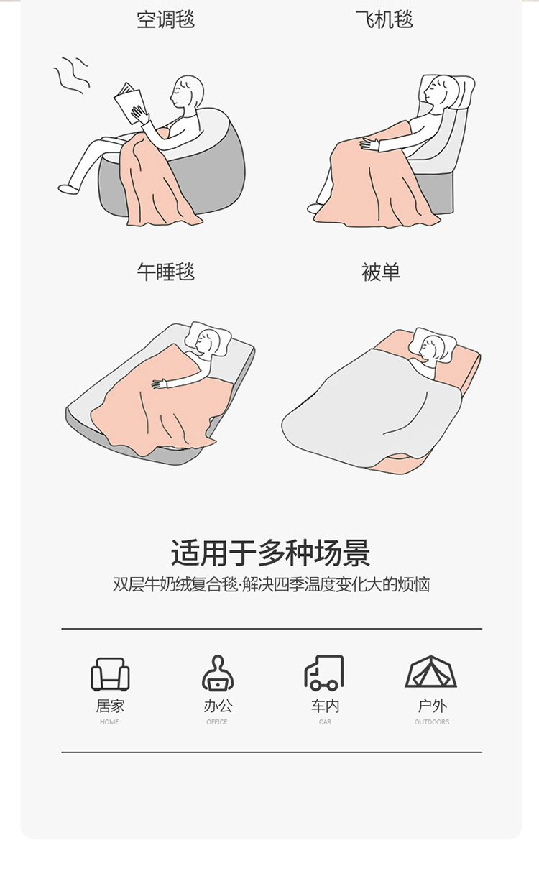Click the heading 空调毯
(165, 19)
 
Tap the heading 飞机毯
(384, 19)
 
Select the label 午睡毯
(165, 272)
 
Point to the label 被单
(381, 272)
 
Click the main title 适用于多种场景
(270, 553)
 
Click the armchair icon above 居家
(110, 674)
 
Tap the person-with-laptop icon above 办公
(218, 673)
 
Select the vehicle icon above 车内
(324, 673)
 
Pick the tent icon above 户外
(430, 671)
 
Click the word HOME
(109, 722)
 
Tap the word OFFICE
(217, 722)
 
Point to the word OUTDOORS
(432, 722)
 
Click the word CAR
(325, 722)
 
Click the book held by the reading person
(129, 103)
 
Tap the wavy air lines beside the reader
(72, 76)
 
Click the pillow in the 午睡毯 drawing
(208, 338)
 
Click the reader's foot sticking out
(68, 189)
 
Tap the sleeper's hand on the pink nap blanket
(159, 384)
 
